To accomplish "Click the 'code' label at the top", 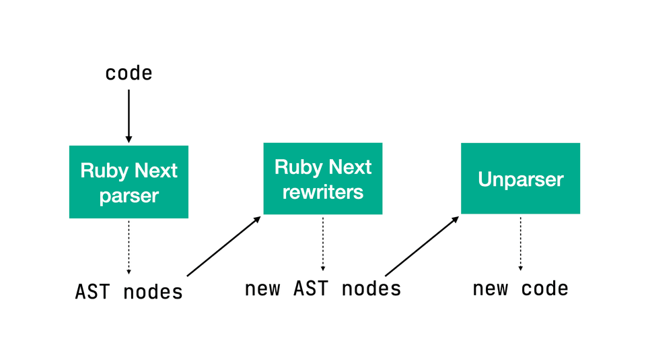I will point(129,73).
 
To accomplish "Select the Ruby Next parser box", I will point(129,182).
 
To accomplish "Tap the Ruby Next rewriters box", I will point(322,179).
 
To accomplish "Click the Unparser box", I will point(520,179).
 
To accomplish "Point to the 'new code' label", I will point(520,289).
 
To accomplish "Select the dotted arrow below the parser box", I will point(129,246).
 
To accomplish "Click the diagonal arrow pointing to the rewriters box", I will point(223,246).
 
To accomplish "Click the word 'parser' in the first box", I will point(129,196).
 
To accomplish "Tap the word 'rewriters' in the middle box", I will point(322,192).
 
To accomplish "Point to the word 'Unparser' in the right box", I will point(520,179).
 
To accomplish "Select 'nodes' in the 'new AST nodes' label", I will point(371,289).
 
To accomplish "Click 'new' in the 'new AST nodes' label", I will point(262,289).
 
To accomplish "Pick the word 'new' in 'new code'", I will point(489,289).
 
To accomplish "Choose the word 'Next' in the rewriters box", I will point(348,166).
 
